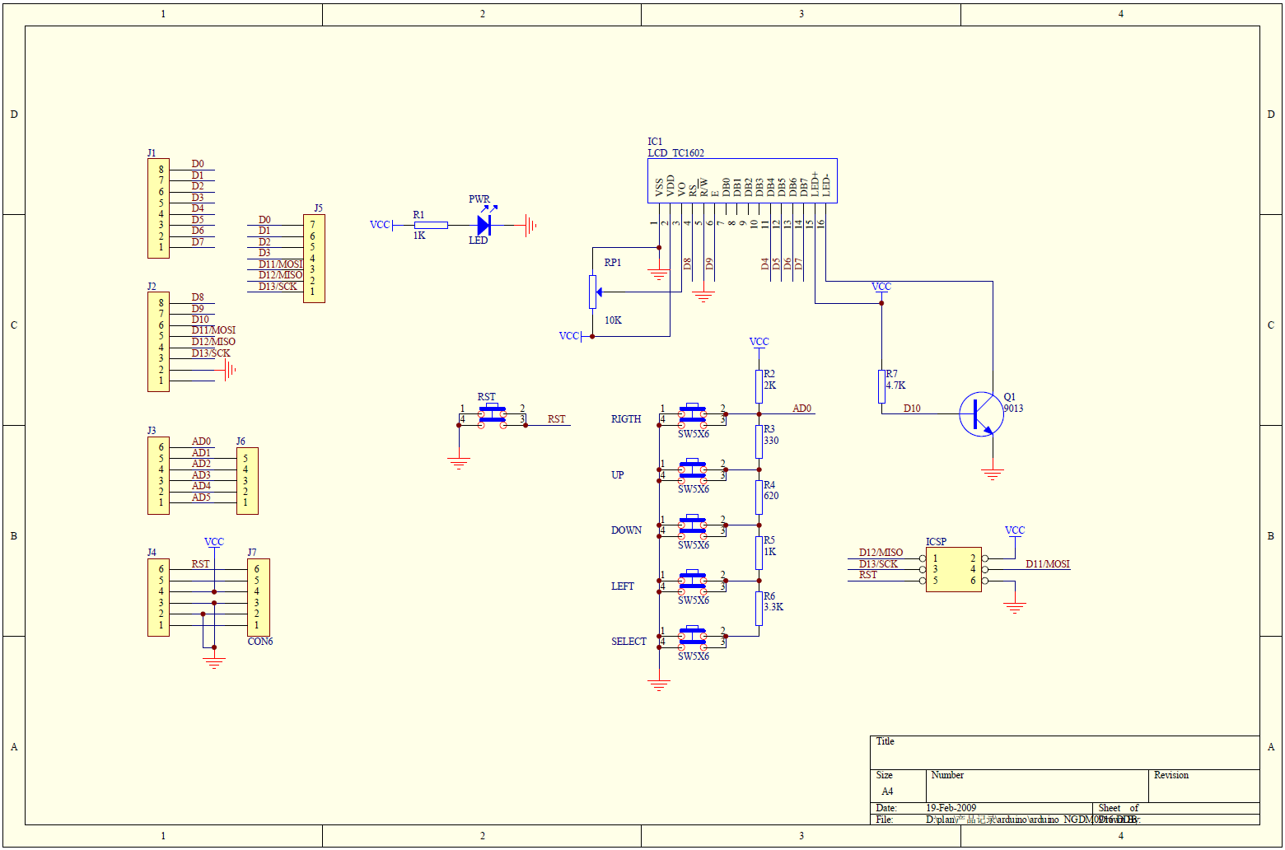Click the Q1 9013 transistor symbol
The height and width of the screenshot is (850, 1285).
click(x=981, y=413)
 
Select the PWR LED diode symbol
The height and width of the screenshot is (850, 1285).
click(x=484, y=224)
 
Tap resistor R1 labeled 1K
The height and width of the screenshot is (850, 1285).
click(x=431, y=225)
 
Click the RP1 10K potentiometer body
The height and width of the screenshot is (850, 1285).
click(x=592, y=292)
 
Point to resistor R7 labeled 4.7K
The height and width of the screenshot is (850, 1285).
click(x=881, y=386)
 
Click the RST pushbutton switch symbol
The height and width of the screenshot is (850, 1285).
click(x=493, y=413)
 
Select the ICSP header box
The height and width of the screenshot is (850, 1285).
click(x=953, y=569)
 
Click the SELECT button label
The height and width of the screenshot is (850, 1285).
click(x=628, y=642)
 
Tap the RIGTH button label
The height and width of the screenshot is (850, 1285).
click(x=626, y=419)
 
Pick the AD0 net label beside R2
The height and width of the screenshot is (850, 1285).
click(x=801, y=409)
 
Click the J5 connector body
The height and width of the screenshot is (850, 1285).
click(x=314, y=259)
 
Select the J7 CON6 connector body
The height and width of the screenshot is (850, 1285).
click(x=259, y=597)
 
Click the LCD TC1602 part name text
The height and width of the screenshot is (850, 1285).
click(x=675, y=153)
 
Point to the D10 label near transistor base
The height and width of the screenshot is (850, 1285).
click(x=912, y=409)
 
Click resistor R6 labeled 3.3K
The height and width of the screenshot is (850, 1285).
click(x=759, y=609)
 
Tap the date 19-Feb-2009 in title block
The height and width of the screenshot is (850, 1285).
click(x=951, y=808)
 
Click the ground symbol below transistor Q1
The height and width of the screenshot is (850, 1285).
click(x=993, y=475)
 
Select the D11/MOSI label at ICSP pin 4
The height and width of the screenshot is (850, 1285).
click(x=1047, y=564)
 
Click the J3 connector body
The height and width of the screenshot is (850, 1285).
click(x=158, y=475)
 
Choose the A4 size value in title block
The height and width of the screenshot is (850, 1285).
click(x=887, y=792)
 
